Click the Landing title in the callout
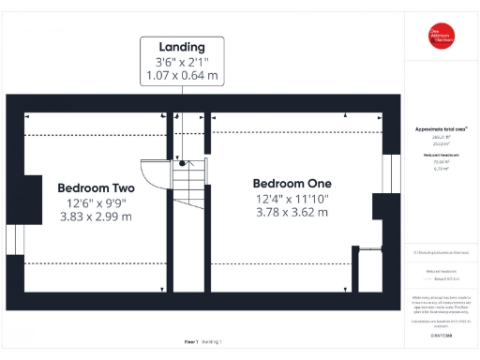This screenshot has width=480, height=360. tap(182, 46)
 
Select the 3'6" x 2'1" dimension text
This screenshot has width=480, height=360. tap(182, 62)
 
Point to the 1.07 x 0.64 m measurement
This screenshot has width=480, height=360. tap(182, 76)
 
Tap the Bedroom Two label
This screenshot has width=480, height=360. tap(96, 187)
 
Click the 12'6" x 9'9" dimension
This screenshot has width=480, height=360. tap(96, 202)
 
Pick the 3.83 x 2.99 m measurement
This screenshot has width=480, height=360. tap(96, 217)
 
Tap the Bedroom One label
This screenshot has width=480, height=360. tap(292, 183)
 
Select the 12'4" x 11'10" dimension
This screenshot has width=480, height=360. tap(292, 198)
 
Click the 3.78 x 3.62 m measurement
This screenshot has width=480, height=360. tap(292, 213)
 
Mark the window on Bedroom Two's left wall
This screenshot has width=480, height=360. tap(12, 239)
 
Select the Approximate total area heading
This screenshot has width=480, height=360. tap(440, 128)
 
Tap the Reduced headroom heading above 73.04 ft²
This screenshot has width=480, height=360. tap(440, 153)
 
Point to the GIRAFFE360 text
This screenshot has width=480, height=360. tap(441, 335)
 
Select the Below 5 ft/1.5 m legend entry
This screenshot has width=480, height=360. tap(441, 278)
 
